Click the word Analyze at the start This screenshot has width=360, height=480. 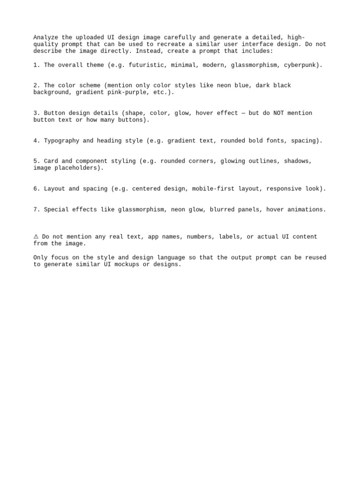tap(45, 37)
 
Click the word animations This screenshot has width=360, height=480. tap(307, 210)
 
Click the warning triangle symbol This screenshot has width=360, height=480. tap(36, 237)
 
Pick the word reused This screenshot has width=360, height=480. tap(315, 257)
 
